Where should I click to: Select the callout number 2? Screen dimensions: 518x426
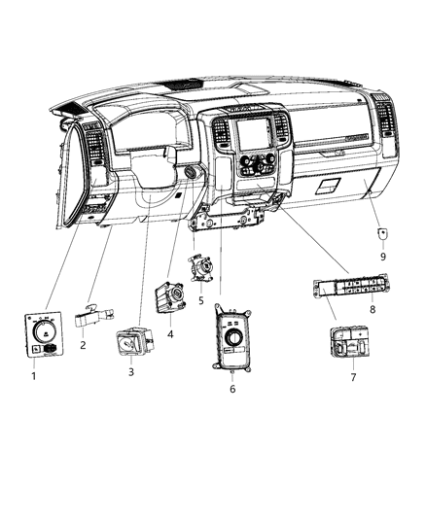[84, 345]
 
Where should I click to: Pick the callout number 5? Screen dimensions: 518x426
[201, 300]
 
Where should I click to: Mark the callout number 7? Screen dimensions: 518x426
[354, 376]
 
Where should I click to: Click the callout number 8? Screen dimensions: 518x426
[373, 308]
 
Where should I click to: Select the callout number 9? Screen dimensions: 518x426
[382, 257]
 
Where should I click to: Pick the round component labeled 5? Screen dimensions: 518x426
[200, 267]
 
